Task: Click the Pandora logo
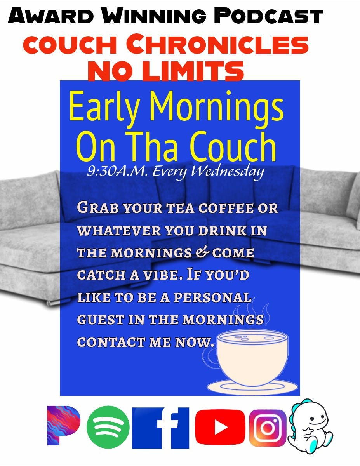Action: click(x=63, y=425)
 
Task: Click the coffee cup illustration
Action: click(x=252, y=357)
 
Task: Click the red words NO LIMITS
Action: click(x=166, y=71)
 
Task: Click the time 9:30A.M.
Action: click(x=118, y=171)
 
